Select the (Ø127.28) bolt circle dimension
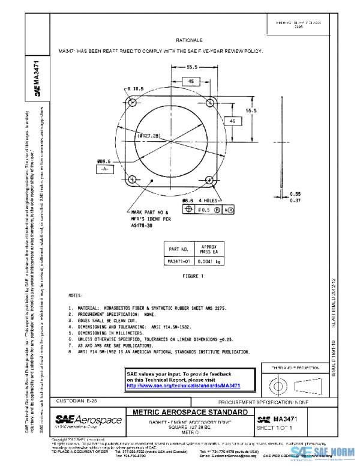point(149,136)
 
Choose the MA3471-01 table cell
point(178,261)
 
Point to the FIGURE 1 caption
point(193,276)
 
